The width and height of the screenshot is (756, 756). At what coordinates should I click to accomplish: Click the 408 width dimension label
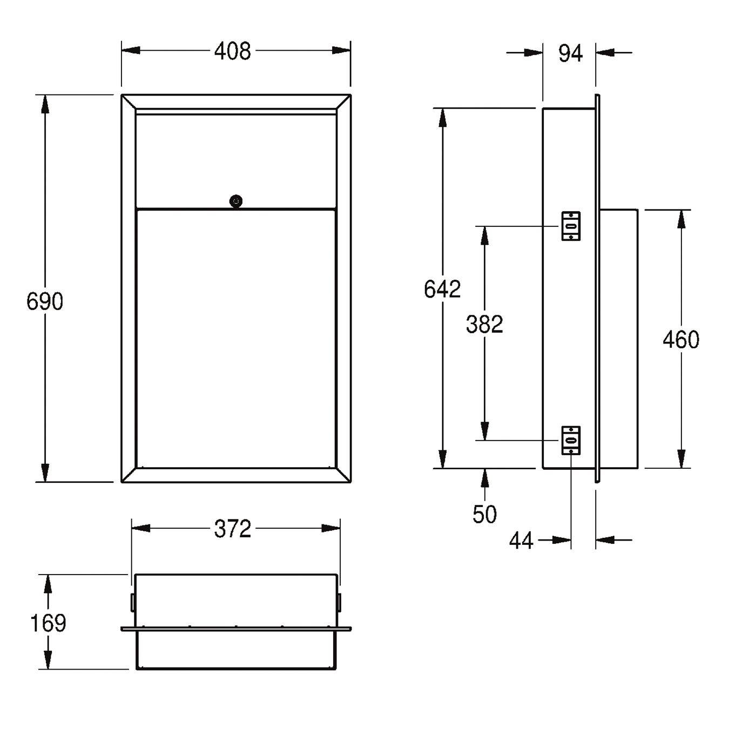[232, 51]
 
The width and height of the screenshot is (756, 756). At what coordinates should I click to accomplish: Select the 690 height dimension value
[45, 302]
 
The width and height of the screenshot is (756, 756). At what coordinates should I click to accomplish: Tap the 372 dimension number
[232, 529]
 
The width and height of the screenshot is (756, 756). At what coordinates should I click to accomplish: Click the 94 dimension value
[570, 53]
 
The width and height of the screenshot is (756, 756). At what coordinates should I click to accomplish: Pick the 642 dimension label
[442, 289]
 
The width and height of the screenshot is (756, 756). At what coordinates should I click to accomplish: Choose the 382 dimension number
[484, 324]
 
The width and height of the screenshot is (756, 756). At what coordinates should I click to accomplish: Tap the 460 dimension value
[681, 340]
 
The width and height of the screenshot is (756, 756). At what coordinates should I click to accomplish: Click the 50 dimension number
[484, 514]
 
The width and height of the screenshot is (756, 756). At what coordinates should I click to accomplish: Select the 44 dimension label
[522, 541]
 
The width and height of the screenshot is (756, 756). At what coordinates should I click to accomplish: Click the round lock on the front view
[236, 201]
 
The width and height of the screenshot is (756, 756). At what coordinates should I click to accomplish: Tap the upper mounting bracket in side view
[571, 226]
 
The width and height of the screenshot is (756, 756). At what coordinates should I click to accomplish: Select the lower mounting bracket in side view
[571, 440]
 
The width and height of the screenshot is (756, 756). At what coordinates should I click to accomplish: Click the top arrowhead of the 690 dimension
[45, 104]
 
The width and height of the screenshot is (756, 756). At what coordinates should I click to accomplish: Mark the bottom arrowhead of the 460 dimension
[681, 458]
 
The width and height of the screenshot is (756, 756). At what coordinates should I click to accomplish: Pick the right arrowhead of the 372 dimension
[330, 528]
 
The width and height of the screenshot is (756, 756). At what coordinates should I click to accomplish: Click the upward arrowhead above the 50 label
[485, 478]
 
